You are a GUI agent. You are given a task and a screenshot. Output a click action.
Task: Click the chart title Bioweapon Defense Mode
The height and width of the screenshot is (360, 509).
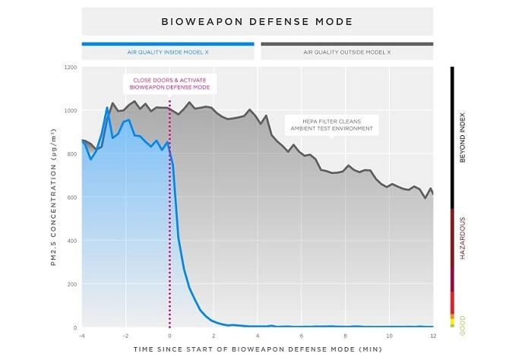(x=257, y=21)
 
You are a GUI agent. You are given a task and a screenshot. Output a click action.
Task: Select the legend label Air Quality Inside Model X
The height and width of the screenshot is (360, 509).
(x=167, y=53)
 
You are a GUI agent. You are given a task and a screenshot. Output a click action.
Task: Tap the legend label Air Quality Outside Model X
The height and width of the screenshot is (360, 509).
(x=346, y=53)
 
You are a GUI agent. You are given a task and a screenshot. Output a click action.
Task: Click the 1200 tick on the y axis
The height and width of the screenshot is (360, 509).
(x=71, y=68)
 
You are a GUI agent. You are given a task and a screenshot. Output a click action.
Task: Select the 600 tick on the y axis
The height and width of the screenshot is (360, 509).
(x=72, y=197)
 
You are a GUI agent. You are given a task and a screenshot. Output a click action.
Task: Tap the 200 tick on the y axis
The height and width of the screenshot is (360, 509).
(x=72, y=285)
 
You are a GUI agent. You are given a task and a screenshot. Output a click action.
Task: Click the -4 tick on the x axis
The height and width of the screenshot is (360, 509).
(x=82, y=335)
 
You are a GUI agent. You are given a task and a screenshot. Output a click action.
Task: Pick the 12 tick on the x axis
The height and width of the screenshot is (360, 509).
(x=432, y=335)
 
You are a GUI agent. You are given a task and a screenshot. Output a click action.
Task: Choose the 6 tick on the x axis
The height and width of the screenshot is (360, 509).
(x=301, y=335)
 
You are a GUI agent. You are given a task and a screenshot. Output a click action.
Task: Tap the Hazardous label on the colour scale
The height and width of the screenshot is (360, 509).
(x=463, y=238)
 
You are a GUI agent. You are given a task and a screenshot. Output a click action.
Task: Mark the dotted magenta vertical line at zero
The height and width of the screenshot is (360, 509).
(x=169, y=228)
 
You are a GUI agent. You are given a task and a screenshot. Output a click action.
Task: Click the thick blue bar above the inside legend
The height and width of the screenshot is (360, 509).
(x=167, y=44)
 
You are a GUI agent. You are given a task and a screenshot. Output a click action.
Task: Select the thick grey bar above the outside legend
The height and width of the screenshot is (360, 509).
(x=346, y=44)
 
